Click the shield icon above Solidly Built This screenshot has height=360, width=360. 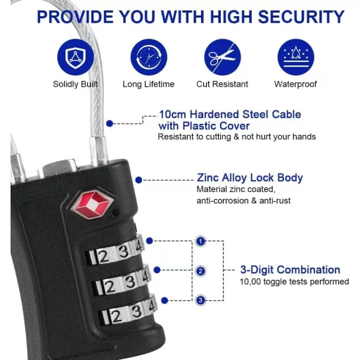(x=75, y=57)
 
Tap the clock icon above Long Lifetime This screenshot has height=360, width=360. (x=149, y=57)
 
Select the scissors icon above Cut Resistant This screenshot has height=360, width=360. (x=222, y=57)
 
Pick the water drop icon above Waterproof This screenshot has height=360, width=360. (x=296, y=57)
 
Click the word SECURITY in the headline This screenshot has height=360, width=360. (x=301, y=17)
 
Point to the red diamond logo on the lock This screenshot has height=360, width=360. (x=93, y=203)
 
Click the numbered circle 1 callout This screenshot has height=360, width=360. (x=200, y=241)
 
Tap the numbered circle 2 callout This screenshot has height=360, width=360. (x=200, y=271)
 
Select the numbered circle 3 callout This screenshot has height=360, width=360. (x=200, y=300)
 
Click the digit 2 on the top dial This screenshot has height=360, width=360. (x=103, y=256)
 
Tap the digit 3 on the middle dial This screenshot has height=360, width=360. (x=130, y=282)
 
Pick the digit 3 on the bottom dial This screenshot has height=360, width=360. (x=136, y=311)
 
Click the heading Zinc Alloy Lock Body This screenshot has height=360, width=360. (x=250, y=178)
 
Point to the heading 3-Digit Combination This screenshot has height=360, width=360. (x=290, y=270)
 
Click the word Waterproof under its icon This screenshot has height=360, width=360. (x=295, y=84)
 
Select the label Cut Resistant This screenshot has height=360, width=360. (x=222, y=84)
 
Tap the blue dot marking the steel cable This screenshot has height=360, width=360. (x=110, y=124)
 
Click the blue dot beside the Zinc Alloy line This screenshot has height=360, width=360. (x=139, y=180)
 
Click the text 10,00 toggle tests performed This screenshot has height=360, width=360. (x=295, y=281)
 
